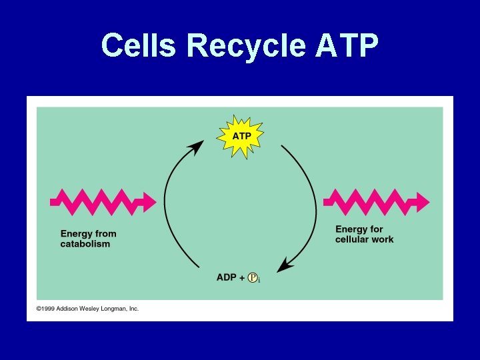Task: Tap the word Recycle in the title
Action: point(245,46)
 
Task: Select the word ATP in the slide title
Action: point(347,46)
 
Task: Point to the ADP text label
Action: point(226,277)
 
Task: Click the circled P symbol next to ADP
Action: point(253,277)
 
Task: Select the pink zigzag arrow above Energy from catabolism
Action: point(100,199)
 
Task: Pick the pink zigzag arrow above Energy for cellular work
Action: point(373,199)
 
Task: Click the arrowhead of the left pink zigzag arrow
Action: point(148,200)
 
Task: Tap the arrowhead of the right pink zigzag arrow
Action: point(421,200)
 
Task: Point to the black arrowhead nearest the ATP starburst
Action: point(197,147)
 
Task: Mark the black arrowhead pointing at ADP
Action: point(285,265)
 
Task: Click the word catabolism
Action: point(85,244)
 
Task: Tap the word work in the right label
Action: point(384,239)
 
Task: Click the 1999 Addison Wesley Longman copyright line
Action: point(87,309)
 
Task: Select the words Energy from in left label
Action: point(88,233)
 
